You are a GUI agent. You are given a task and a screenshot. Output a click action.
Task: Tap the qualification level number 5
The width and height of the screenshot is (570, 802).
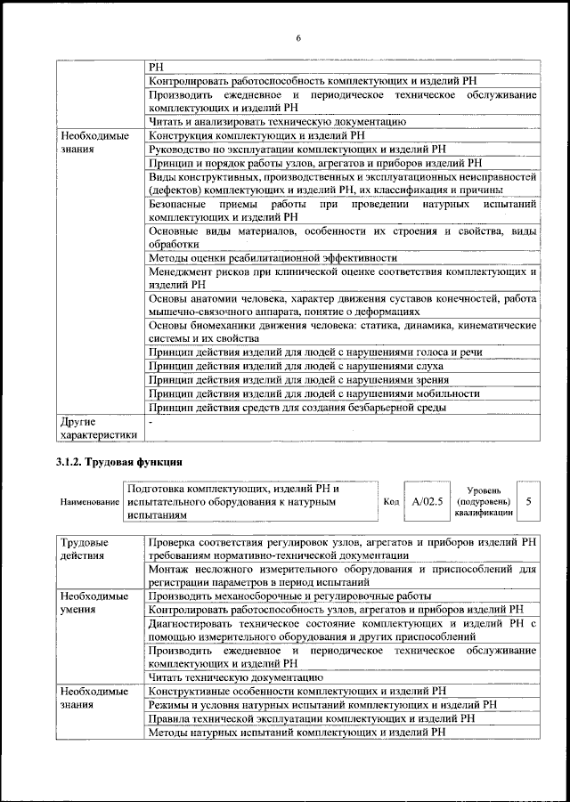click(528, 502)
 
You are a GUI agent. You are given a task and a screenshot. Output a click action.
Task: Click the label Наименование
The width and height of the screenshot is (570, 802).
click(90, 503)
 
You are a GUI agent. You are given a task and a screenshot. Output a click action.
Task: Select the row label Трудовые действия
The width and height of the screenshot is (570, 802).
click(85, 547)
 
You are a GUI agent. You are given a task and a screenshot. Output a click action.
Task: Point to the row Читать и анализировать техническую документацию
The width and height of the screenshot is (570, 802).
click(278, 120)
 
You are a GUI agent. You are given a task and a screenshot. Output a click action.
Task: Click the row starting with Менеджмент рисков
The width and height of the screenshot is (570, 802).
click(343, 279)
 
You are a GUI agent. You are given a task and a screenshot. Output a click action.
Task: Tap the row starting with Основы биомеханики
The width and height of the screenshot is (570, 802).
click(343, 332)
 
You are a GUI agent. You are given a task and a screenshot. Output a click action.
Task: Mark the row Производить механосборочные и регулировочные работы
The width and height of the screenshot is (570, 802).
click(289, 595)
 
